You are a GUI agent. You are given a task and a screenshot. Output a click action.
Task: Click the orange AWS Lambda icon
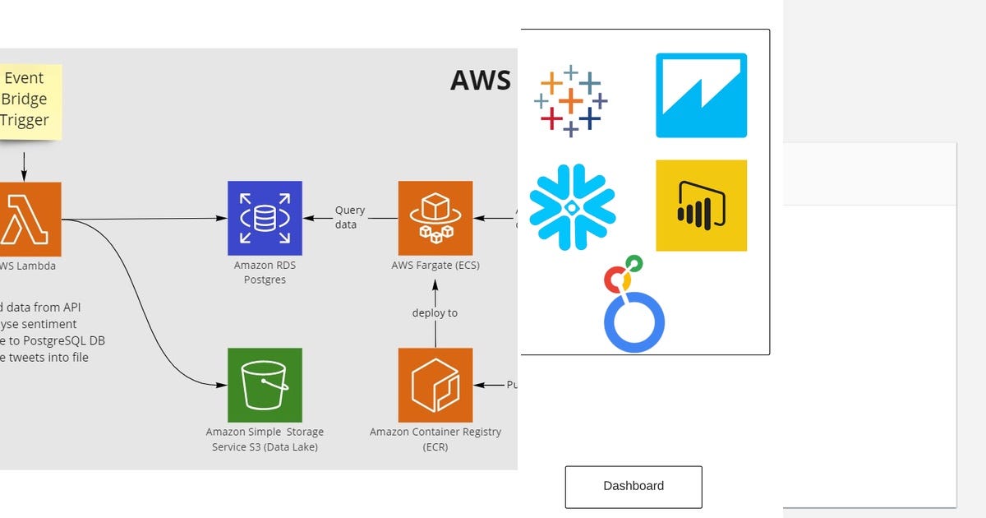tap(30, 219)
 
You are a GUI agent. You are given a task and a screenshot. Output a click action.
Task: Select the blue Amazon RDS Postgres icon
tap(265, 218)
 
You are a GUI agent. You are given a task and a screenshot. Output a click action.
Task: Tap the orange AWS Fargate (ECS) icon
tap(435, 218)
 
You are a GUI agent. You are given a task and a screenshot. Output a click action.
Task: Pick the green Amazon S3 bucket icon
tap(265, 385)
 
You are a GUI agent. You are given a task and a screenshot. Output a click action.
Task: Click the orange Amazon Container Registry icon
tap(435, 385)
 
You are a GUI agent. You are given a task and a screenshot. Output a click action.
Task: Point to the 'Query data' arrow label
tap(349, 218)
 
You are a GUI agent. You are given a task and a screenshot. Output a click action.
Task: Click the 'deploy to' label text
tap(435, 312)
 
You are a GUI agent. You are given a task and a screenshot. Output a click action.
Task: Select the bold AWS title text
tap(480, 81)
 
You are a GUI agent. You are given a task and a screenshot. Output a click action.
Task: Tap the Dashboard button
tap(633, 487)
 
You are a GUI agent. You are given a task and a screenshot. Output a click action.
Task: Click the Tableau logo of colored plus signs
tap(571, 101)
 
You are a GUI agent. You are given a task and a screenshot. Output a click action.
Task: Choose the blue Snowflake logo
tap(572, 206)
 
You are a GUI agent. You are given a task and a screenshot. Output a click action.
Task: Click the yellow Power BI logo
tap(701, 206)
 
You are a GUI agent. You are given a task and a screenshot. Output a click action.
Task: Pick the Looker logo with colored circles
tap(633, 304)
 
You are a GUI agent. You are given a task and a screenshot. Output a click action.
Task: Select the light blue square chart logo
tap(701, 95)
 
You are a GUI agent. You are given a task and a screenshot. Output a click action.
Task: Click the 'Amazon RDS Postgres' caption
tap(265, 273)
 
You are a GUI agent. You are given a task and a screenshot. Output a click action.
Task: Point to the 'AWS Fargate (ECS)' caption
tap(435, 266)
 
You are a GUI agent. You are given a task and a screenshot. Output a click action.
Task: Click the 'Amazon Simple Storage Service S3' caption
tap(265, 439)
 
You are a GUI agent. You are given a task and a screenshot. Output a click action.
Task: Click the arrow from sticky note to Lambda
tap(24, 164)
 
